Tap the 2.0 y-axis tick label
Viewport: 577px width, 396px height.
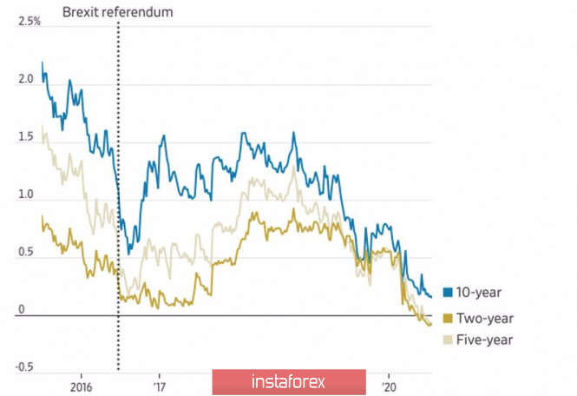[x=26, y=79]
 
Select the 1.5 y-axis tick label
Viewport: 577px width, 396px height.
[x=26, y=137]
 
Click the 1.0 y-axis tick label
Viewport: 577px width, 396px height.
[x=26, y=195]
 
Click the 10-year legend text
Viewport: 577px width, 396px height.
[x=482, y=293]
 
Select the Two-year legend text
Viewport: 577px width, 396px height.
[x=487, y=316]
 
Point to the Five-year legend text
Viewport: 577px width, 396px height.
[x=486, y=340]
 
